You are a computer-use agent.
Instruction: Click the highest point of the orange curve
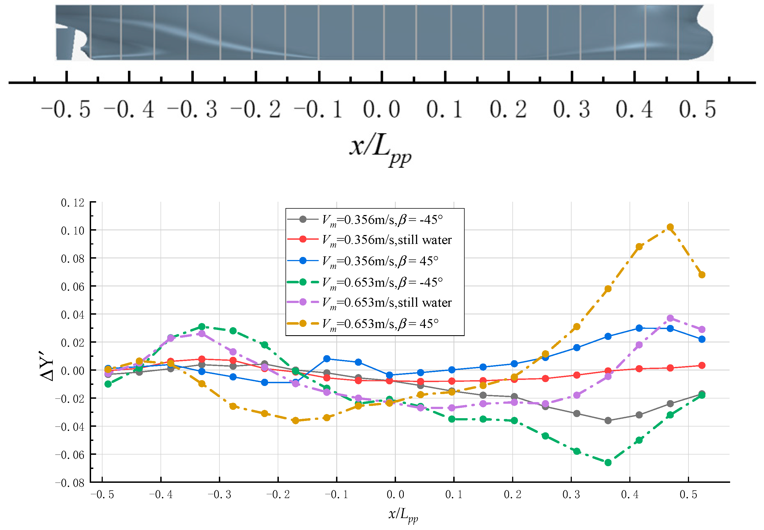coord(670,227)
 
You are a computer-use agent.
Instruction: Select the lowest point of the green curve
coord(608,463)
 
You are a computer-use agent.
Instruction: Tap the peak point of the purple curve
coord(670,318)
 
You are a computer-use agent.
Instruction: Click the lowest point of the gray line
coord(608,420)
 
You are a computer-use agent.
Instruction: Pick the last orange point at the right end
coord(702,275)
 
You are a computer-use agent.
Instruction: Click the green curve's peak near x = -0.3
coord(201,326)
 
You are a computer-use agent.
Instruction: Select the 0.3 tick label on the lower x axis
coord(571,494)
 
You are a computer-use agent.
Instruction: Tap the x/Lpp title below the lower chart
coord(403,514)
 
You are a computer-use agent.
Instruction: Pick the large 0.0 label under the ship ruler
coord(381,110)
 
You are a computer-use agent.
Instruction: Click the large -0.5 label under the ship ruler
coord(66,110)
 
